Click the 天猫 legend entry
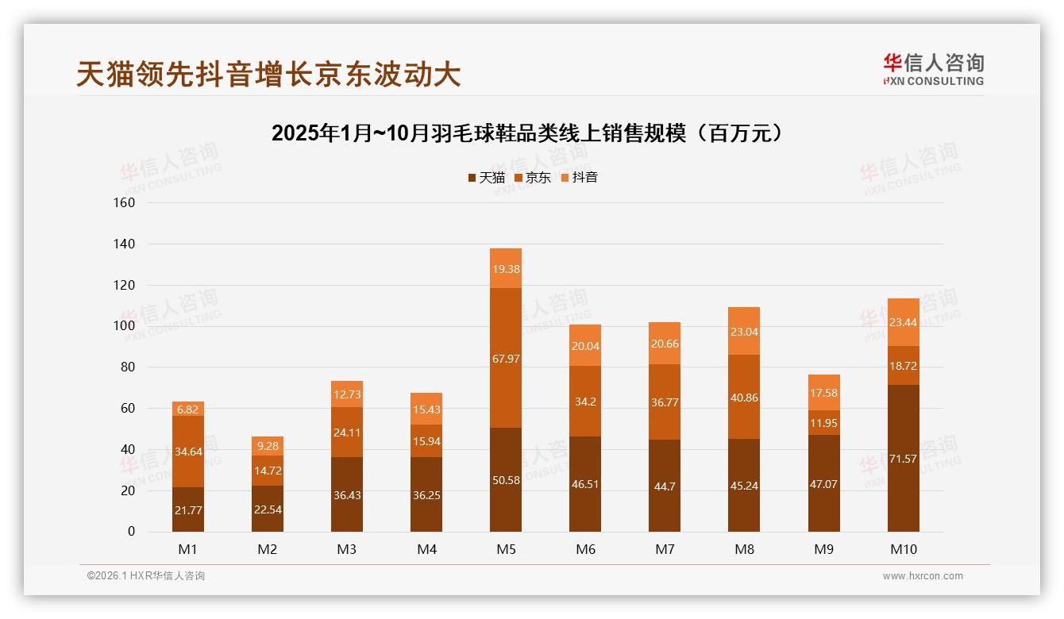click(486, 178)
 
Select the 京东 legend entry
click(533, 178)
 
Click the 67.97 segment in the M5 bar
click(506, 359)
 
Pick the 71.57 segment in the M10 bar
click(903, 459)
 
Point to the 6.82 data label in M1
click(188, 409)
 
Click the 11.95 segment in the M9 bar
click(823, 423)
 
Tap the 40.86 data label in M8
click(744, 397)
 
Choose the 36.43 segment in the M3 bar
click(347, 494)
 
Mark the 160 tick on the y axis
click(125, 202)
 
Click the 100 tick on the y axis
click(125, 326)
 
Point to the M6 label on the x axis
click(585, 549)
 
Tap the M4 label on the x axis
click(426, 549)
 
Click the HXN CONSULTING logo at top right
click(933, 70)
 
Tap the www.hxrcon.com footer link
click(923, 576)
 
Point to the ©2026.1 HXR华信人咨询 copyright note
click(146, 576)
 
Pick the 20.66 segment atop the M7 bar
click(665, 343)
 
